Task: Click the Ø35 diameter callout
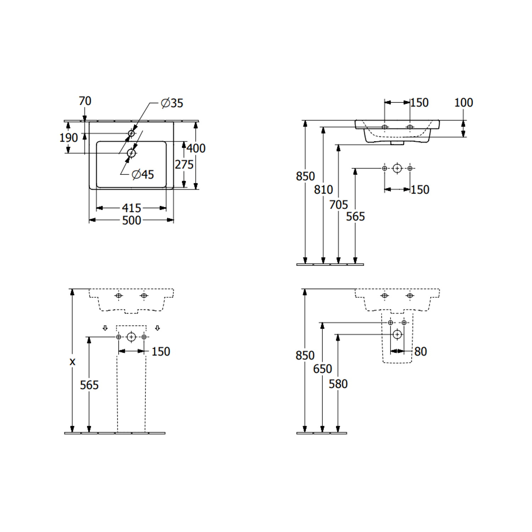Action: click(172, 103)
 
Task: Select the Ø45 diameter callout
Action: click(143, 174)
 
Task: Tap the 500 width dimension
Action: click(132, 220)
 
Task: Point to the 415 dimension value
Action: click(132, 208)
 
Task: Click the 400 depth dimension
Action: click(196, 148)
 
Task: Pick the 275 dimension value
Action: click(184, 164)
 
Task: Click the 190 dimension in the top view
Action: click(68, 137)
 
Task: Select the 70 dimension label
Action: click(85, 101)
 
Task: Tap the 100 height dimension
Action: click(464, 102)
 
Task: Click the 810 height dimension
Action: click(323, 189)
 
